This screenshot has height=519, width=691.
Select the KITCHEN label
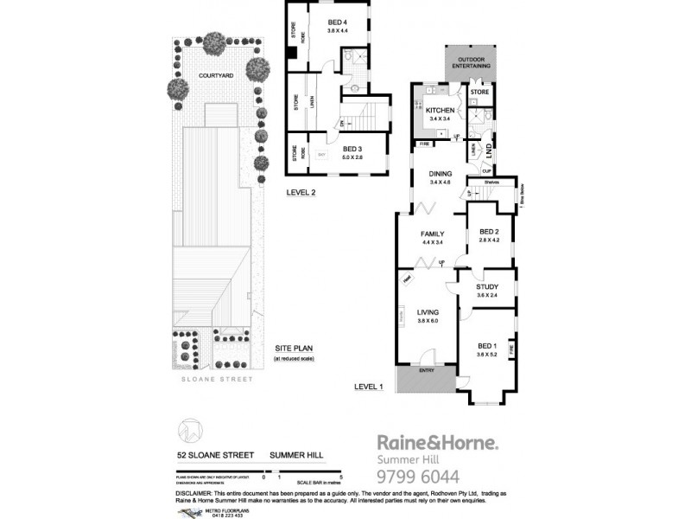[x=440, y=110]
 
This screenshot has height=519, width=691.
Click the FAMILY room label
[x=433, y=234]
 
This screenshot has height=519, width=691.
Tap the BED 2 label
[x=490, y=232]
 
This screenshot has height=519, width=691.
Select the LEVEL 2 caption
[x=302, y=193]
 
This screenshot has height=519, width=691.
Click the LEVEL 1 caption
[x=370, y=387]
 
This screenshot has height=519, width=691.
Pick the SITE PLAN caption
[x=292, y=348]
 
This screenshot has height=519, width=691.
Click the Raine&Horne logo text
[x=436, y=443]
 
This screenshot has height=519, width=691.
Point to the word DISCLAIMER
[x=195, y=491]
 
